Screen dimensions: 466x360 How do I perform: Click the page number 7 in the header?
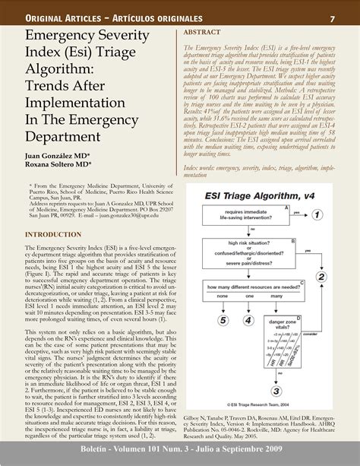[332, 17]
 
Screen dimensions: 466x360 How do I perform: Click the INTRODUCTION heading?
[55, 235]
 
